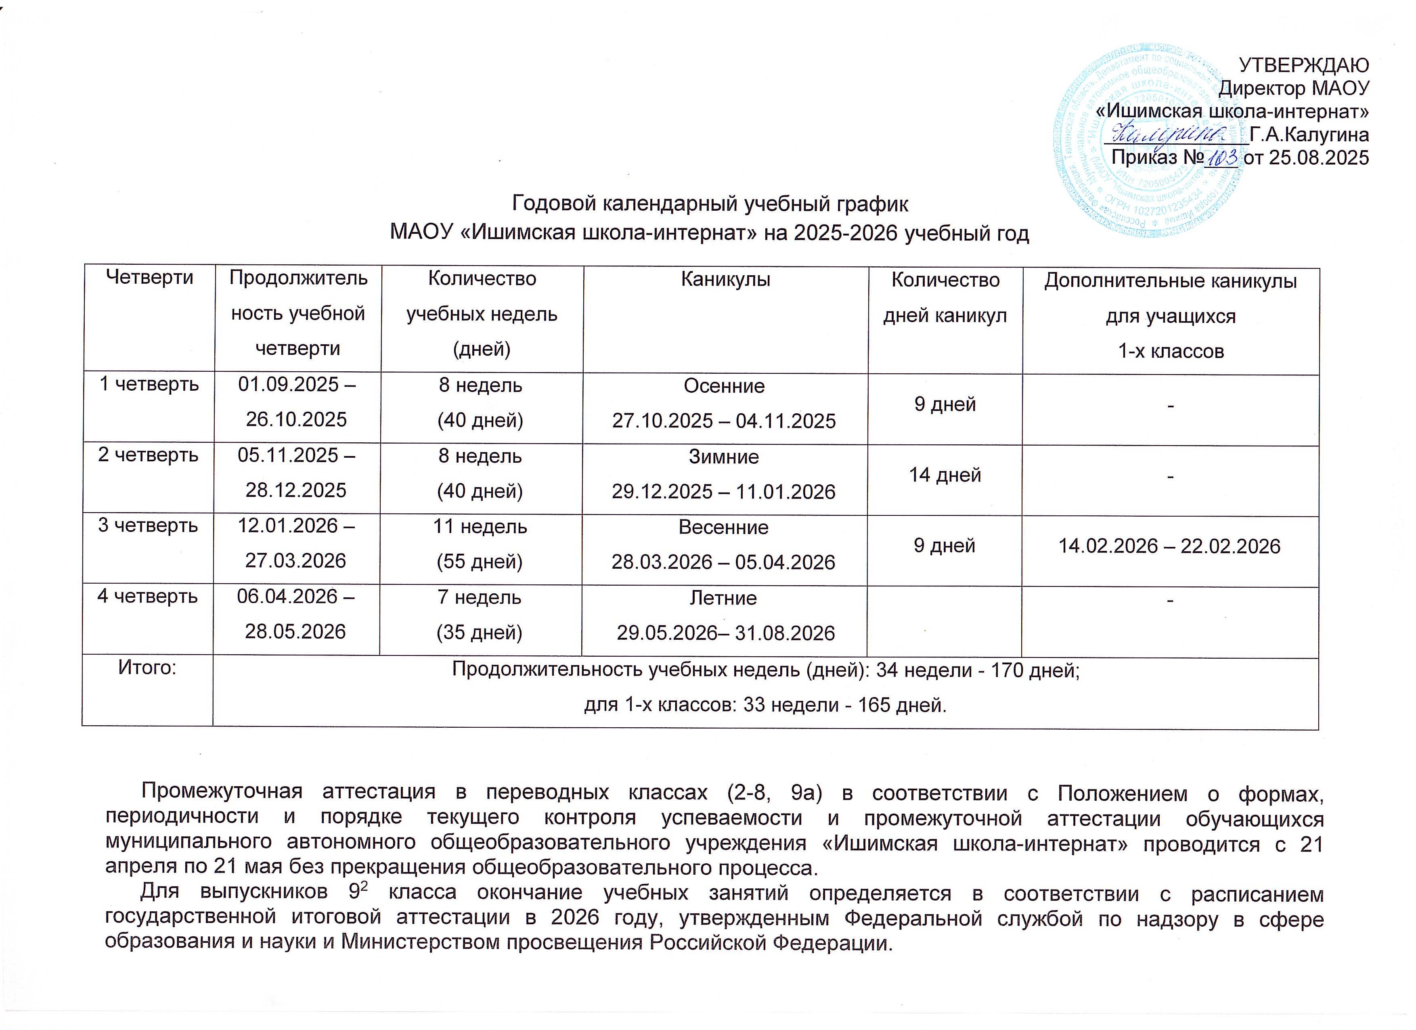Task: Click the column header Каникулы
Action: coord(725,279)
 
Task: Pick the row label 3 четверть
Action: coord(148,525)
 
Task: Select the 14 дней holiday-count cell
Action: coord(945,475)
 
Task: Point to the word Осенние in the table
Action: coord(724,386)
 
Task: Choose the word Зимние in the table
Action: coord(724,456)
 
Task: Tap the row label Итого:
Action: coord(147,668)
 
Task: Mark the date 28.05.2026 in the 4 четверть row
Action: coord(295,632)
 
